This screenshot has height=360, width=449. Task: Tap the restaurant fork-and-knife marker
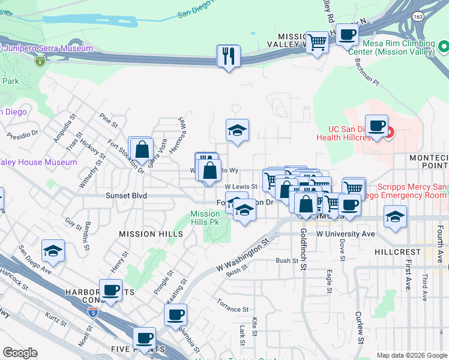228,56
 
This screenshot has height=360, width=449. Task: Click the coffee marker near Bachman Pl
346,35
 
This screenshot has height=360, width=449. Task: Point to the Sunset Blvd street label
127,196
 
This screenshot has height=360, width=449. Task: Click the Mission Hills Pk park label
205,218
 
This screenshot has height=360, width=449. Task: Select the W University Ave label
345,233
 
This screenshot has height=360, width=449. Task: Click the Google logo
20,352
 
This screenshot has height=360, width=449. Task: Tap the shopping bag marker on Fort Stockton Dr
142,149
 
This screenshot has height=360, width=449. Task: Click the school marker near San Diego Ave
53,251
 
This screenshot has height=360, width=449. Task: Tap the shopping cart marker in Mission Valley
317,43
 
